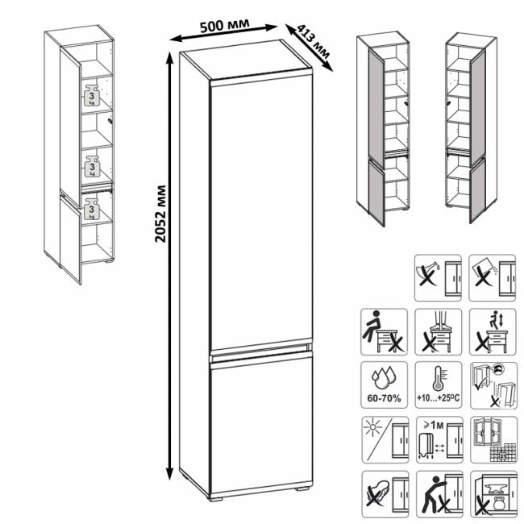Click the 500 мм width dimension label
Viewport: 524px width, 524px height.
[x=225, y=26]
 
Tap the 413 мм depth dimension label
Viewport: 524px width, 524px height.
[x=314, y=42]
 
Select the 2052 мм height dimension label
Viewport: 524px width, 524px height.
[x=160, y=214]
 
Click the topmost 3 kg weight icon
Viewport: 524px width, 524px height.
[x=92, y=95]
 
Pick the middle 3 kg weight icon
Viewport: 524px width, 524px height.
[x=92, y=166]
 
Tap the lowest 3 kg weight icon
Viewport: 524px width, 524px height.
[x=91, y=209]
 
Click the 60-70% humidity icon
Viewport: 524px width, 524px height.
[x=384, y=385]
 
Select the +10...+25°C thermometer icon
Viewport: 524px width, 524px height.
[x=439, y=385]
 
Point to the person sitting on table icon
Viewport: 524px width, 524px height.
[x=384, y=332]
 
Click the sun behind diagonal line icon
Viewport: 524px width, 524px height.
[x=385, y=440]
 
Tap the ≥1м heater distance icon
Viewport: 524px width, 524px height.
[x=439, y=440]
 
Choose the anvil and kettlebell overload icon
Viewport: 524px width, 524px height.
[x=493, y=494]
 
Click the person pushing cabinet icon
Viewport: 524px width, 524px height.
[x=439, y=494]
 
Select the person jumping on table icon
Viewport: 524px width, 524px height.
[x=493, y=332]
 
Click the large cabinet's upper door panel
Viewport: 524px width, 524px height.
[x=260, y=212]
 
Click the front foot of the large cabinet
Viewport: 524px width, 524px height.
[x=216, y=498]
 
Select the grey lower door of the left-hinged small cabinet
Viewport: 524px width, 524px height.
[x=376, y=193]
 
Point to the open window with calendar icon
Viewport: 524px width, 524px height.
[x=493, y=440]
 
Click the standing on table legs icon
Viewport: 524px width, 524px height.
[x=439, y=332]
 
